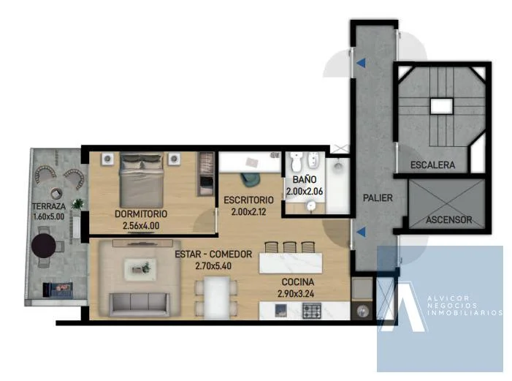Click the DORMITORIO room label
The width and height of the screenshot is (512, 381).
141,214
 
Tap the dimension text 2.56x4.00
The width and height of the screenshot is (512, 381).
141,226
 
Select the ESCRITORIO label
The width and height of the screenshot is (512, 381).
248,200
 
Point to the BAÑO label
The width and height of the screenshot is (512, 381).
305,179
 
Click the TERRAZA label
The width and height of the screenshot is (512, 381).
49,206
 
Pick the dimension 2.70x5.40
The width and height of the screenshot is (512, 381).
213,266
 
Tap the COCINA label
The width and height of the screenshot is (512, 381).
298,282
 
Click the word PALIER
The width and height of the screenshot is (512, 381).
378,198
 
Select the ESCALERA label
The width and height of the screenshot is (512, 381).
432,165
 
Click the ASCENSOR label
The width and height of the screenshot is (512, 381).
449,220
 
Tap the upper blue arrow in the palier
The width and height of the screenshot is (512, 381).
361,63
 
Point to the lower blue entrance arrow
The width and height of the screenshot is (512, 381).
361,233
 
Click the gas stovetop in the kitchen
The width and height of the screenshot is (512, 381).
312,311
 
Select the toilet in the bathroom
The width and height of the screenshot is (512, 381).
297,161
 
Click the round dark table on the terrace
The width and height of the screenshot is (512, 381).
44,246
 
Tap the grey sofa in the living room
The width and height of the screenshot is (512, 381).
140,304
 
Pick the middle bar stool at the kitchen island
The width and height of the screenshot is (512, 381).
290,247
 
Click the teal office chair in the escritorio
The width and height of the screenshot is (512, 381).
251,180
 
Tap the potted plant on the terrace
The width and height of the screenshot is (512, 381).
77,204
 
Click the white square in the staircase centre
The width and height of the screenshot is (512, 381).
441,106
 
